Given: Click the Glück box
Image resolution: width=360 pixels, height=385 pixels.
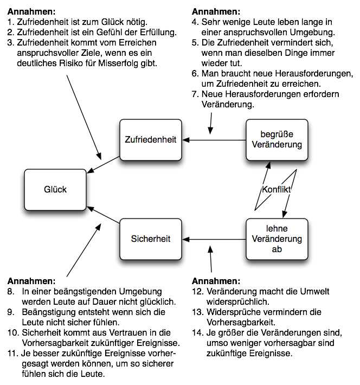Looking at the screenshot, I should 55,189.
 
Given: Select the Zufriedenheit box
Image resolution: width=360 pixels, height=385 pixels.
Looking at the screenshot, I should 150,140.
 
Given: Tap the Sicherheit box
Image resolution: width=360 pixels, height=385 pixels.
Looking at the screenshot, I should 150,239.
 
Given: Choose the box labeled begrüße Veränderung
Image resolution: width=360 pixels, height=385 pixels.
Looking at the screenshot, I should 277,140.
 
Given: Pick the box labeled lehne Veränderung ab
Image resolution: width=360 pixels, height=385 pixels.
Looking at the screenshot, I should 277,239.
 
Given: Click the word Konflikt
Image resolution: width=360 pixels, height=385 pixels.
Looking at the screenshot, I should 277,189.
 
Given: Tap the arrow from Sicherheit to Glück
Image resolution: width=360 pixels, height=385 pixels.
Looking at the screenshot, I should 103,215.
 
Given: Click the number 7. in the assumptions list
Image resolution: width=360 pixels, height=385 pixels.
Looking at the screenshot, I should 196,94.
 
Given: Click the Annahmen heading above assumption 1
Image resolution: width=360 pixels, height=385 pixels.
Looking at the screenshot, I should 31,11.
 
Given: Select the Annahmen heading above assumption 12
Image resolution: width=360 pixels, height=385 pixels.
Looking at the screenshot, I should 216,281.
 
